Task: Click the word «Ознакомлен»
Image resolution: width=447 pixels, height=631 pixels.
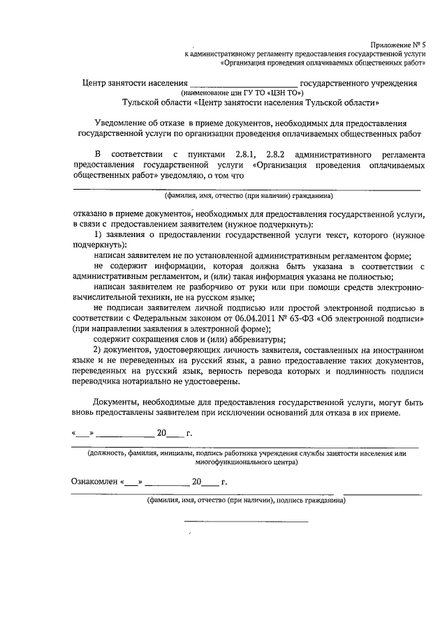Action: tap(94, 482)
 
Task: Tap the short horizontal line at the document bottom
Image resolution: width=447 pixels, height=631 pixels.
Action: tap(245, 521)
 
